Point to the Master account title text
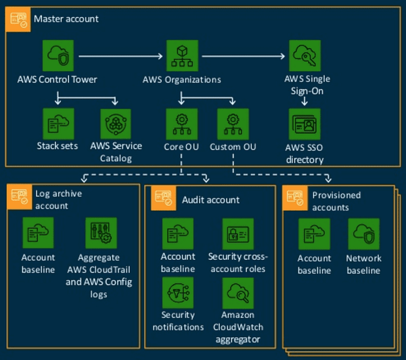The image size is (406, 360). (x=67, y=19)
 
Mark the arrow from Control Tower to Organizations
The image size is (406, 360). (x=122, y=55)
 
